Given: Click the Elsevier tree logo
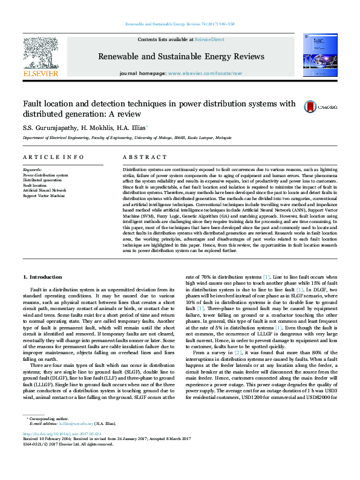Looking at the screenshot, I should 40,53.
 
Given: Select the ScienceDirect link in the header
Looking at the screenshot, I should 209,39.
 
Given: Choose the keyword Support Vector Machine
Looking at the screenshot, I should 44,195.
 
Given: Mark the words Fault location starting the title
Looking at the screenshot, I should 45,103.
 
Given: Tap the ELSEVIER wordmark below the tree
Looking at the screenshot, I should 40,73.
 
